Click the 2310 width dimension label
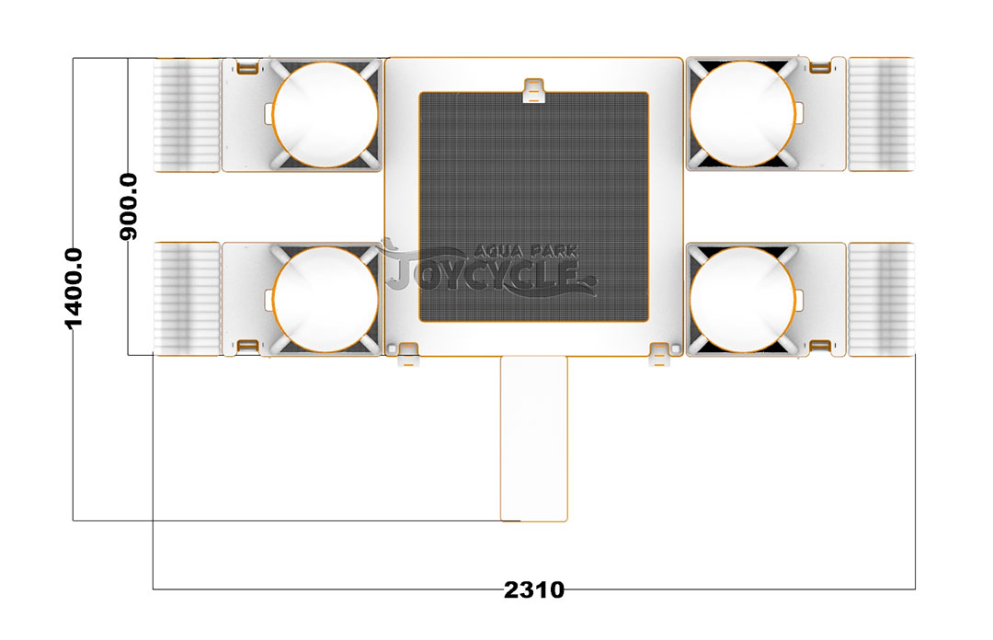pyautogui.click(x=534, y=590)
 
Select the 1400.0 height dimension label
pyautogui.click(x=74, y=289)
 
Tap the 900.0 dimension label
pyautogui.click(x=129, y=207)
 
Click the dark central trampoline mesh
pyautogui.click(x=534, y=207)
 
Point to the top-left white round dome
pyautogui.click(x=325, y=115)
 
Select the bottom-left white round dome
pyautogui.click(x=325, y=299)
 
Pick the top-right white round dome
pyautogui.click(x=742, y=115)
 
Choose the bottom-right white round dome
pyautogui.click(x=742, y=299)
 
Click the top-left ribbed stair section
pyautogui.click(x=187, y=115)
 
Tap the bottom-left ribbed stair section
pyautogui.click(x=187, y=299)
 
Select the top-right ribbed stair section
pyautogui.click(x=882, y=115)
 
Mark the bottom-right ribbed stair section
pyautogui.click(x=882, y=299)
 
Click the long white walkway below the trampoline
pyautogui.click(x=534, y=439)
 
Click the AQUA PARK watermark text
pyautogui.click(x=526, y=252)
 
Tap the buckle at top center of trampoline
pyautogui.click(x=534, y=90)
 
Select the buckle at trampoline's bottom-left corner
pyautogui.click(x=408, y=354)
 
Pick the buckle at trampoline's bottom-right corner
pyautogui.click(x=660, y=354)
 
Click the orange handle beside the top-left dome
pyautogui.click(x=247, y=67)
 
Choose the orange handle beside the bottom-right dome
pyautogui.click(x=820, y=346)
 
